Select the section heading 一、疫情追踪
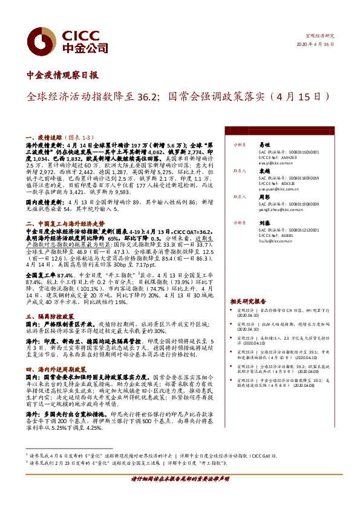pos(41,138)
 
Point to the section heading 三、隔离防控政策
pos(50,316)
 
